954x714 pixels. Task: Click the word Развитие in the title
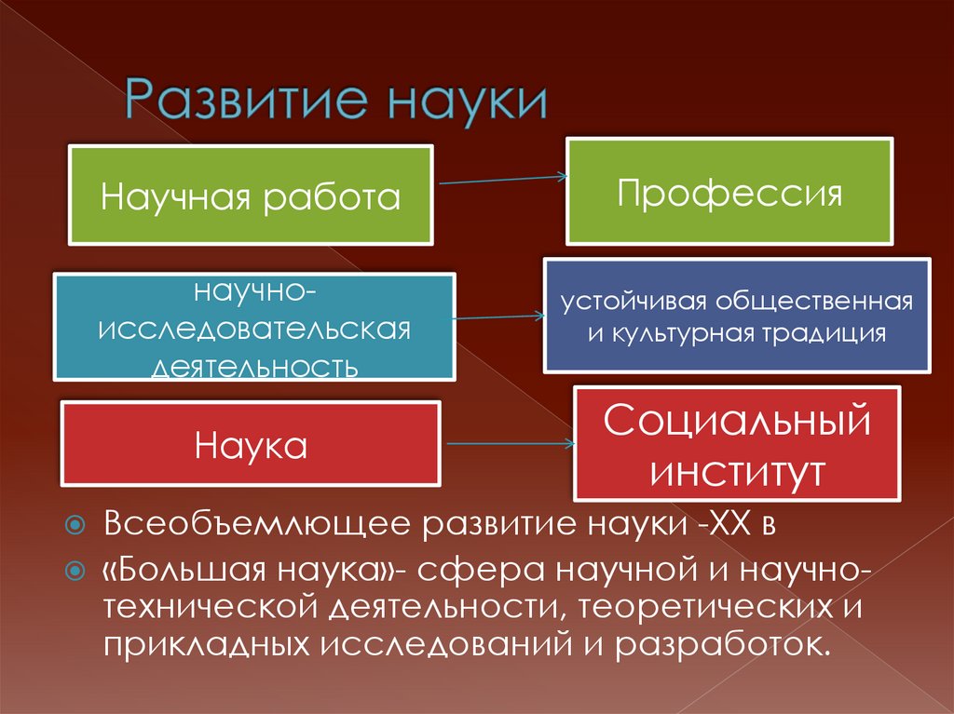pyautogui.click(x=240, y=101)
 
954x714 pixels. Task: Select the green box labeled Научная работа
pyautogui.click(x=251, y=195)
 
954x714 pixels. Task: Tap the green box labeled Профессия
pyautogui.click(x=729, y=194)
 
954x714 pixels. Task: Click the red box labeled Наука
pyautogui.click(x=251, y=444)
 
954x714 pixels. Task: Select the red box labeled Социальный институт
pyautogui.click(x=737, y=443)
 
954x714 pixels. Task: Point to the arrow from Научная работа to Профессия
pyautogui.click(x=501, y=180)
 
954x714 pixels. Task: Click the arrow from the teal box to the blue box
pyautogui.click(x=499, y=317)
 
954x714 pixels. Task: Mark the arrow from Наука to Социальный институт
pyautogui.click(x=508, y=445)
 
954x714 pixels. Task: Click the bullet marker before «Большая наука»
pyautogui.click(x=77, y=569)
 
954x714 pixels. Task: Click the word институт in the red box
pyautogui.click(x=737, y=470)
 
